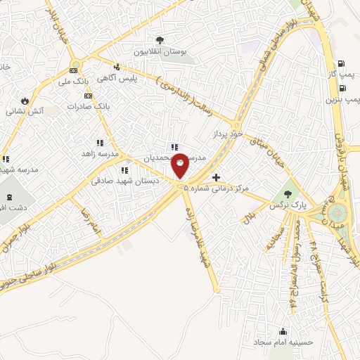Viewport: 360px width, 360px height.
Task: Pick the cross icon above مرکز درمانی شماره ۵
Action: coord(215,177)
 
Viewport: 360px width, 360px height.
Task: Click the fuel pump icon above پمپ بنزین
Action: coord(342,88)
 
